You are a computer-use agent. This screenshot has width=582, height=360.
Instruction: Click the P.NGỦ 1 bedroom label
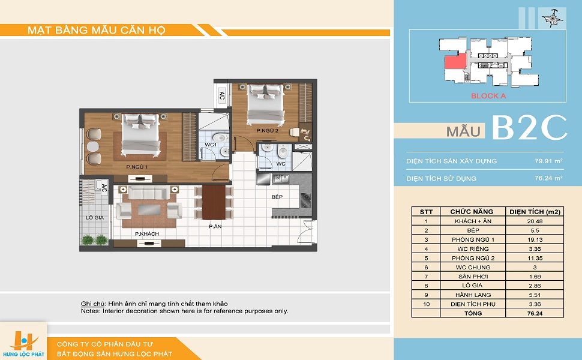pos(137,167)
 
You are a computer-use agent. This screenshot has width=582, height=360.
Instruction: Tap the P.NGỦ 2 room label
pos(267,131)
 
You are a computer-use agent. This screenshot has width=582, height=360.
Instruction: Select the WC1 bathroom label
pos(211,145)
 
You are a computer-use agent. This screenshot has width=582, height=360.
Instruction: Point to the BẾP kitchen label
pos(277,197)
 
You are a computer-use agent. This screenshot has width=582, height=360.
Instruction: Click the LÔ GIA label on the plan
pos(95,217)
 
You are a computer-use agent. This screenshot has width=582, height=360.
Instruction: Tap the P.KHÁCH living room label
pos(147,234)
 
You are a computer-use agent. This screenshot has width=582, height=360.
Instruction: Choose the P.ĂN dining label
pos(215,226)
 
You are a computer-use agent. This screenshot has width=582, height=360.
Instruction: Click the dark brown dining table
pos(214,202)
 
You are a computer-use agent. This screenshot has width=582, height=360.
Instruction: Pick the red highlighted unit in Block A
pos(456,61)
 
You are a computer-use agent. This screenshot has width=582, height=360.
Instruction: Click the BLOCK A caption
pos(488,96)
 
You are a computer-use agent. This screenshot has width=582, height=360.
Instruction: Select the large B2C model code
pos(530,128)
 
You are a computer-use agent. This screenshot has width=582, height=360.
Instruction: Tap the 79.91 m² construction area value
pos(548,161)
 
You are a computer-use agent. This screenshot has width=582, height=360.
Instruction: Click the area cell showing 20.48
pos(535,221)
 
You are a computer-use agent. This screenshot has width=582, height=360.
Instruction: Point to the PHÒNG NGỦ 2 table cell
pos(473,258)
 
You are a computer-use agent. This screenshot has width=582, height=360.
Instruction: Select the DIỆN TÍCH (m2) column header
pos(535,212)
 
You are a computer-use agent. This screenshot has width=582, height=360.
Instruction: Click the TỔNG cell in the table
pos(473,313)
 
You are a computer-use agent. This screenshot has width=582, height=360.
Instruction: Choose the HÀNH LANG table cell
pos(473,295)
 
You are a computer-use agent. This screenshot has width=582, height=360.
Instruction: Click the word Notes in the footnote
pos(90,311)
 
